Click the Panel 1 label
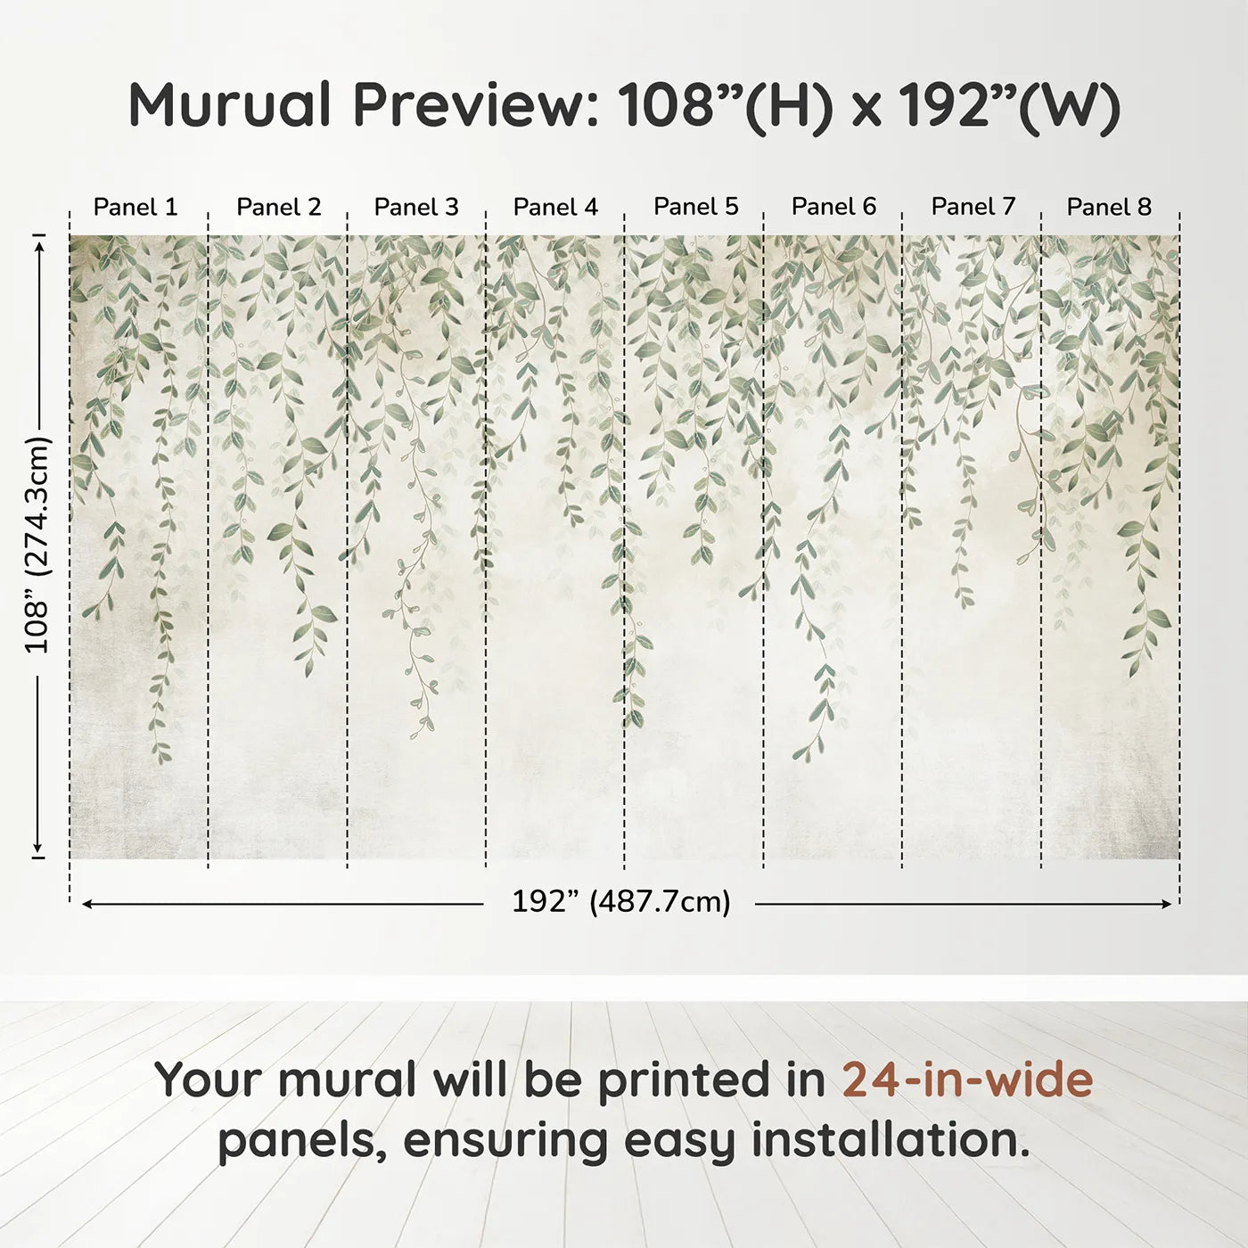135,207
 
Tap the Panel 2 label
278,207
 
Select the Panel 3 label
416,207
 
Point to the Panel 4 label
555,207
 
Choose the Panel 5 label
696,207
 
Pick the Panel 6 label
834,207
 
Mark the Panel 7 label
973,207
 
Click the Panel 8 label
1109,207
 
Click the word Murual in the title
230,105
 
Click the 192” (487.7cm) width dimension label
620,902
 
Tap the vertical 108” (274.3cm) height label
37,545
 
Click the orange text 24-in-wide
967,1080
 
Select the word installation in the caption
889,1140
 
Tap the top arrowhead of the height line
38,243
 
